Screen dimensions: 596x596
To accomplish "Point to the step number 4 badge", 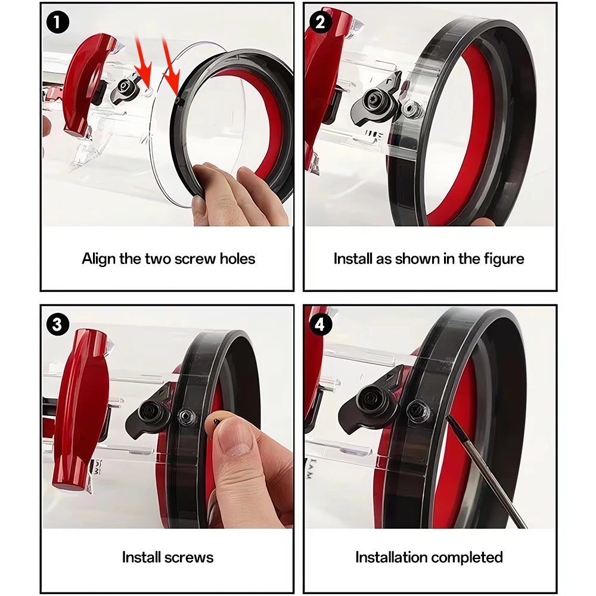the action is point(321,325).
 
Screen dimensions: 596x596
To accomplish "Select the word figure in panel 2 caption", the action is point(504,259).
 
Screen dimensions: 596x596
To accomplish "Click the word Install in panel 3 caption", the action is point(138,557).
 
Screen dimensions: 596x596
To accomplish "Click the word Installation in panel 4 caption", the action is point(390,557).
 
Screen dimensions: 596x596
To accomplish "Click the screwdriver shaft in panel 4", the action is point(489,471).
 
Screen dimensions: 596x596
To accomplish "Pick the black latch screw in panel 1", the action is point(123,86).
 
